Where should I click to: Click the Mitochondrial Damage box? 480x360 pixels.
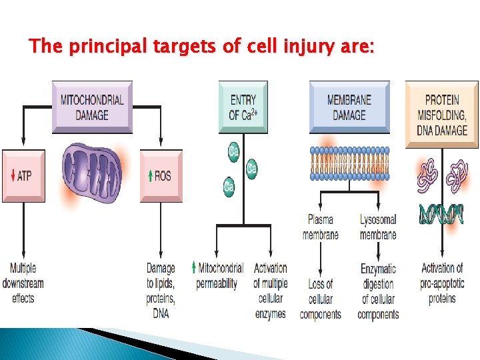92,107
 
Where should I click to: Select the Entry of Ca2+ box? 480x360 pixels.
243,107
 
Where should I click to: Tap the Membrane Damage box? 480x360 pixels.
349,107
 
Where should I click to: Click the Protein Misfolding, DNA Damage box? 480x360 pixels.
441,114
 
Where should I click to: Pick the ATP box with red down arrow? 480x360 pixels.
23,175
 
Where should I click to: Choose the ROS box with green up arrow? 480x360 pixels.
161,175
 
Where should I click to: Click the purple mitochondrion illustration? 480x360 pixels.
91,173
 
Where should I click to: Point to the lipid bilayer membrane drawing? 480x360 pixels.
349,163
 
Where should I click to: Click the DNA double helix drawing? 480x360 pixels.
441,215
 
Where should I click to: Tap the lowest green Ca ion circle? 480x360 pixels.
229,187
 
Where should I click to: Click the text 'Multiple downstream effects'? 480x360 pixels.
23,283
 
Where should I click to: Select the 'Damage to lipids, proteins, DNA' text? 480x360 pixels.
161,290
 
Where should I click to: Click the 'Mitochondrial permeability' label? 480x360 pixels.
217,275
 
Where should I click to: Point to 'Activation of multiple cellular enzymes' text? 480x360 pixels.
270,291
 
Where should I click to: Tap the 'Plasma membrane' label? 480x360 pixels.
321,227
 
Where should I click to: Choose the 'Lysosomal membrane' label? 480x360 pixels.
378,227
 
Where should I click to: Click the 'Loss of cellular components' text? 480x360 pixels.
321,299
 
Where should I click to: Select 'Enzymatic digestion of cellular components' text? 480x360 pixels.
378,291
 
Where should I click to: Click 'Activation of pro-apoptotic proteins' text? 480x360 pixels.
442,283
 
